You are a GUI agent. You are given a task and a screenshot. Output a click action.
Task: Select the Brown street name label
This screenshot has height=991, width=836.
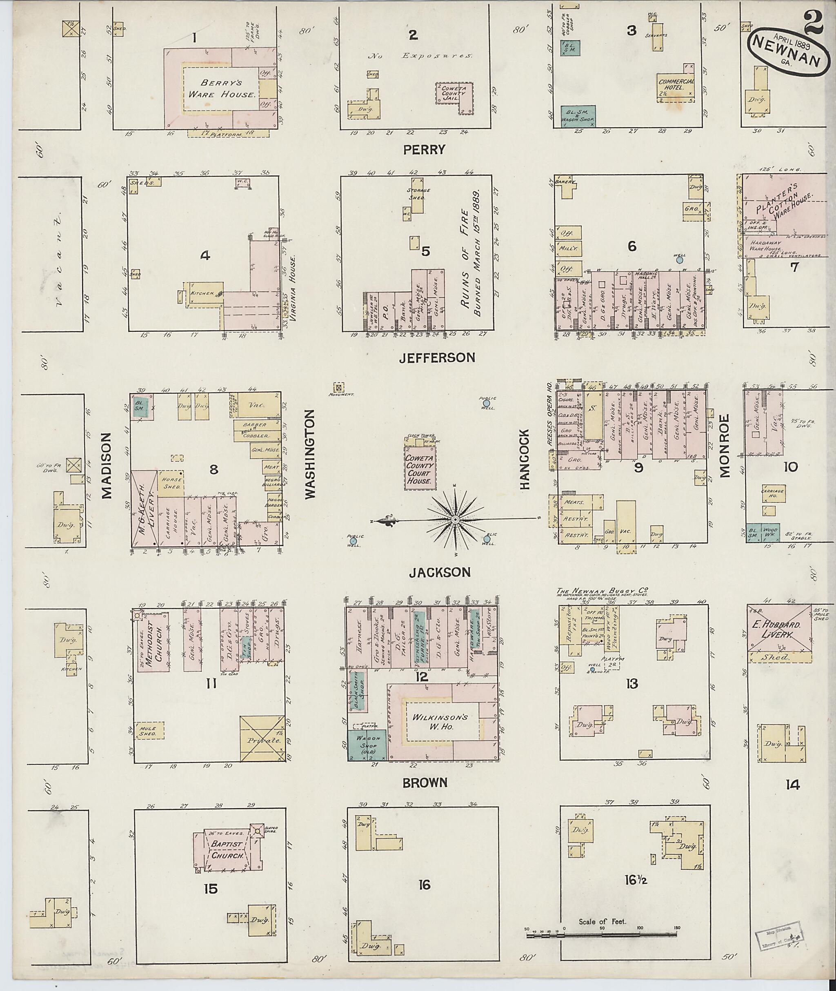425,783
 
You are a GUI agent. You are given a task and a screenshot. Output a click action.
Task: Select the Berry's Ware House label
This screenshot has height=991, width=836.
221,89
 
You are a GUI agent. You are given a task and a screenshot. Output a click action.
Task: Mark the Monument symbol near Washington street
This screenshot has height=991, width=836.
339,386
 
